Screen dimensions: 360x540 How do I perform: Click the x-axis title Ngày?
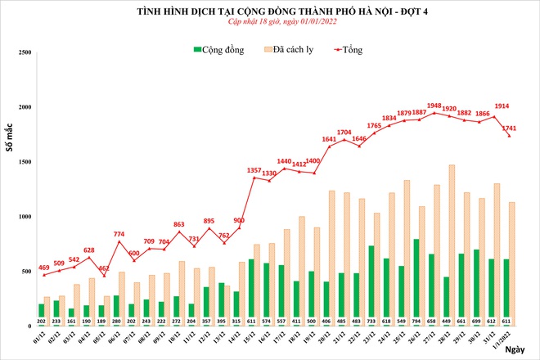click(514, 349)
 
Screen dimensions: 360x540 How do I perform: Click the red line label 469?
click(43, 268)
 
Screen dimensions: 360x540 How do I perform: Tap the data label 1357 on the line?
click(254, 170)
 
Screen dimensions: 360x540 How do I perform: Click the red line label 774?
click(119, 235)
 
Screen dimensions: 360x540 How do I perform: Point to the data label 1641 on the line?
click(329, 139)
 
